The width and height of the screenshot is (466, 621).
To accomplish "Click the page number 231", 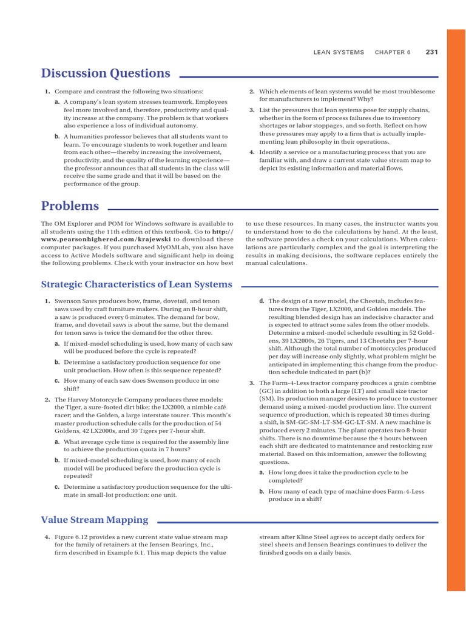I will point(431,52).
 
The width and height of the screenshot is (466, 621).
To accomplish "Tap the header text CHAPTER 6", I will point(393,53).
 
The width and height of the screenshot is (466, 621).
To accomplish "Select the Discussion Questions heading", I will point(106,73).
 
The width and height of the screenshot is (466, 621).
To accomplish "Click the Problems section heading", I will point(70,206).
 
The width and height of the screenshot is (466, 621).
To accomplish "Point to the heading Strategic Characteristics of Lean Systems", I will point(137,284).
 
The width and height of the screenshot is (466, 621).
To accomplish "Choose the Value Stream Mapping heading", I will point(95,519).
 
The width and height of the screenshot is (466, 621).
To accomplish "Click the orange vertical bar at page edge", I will point(456,309).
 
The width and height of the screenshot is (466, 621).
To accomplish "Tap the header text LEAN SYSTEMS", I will point(339,53).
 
